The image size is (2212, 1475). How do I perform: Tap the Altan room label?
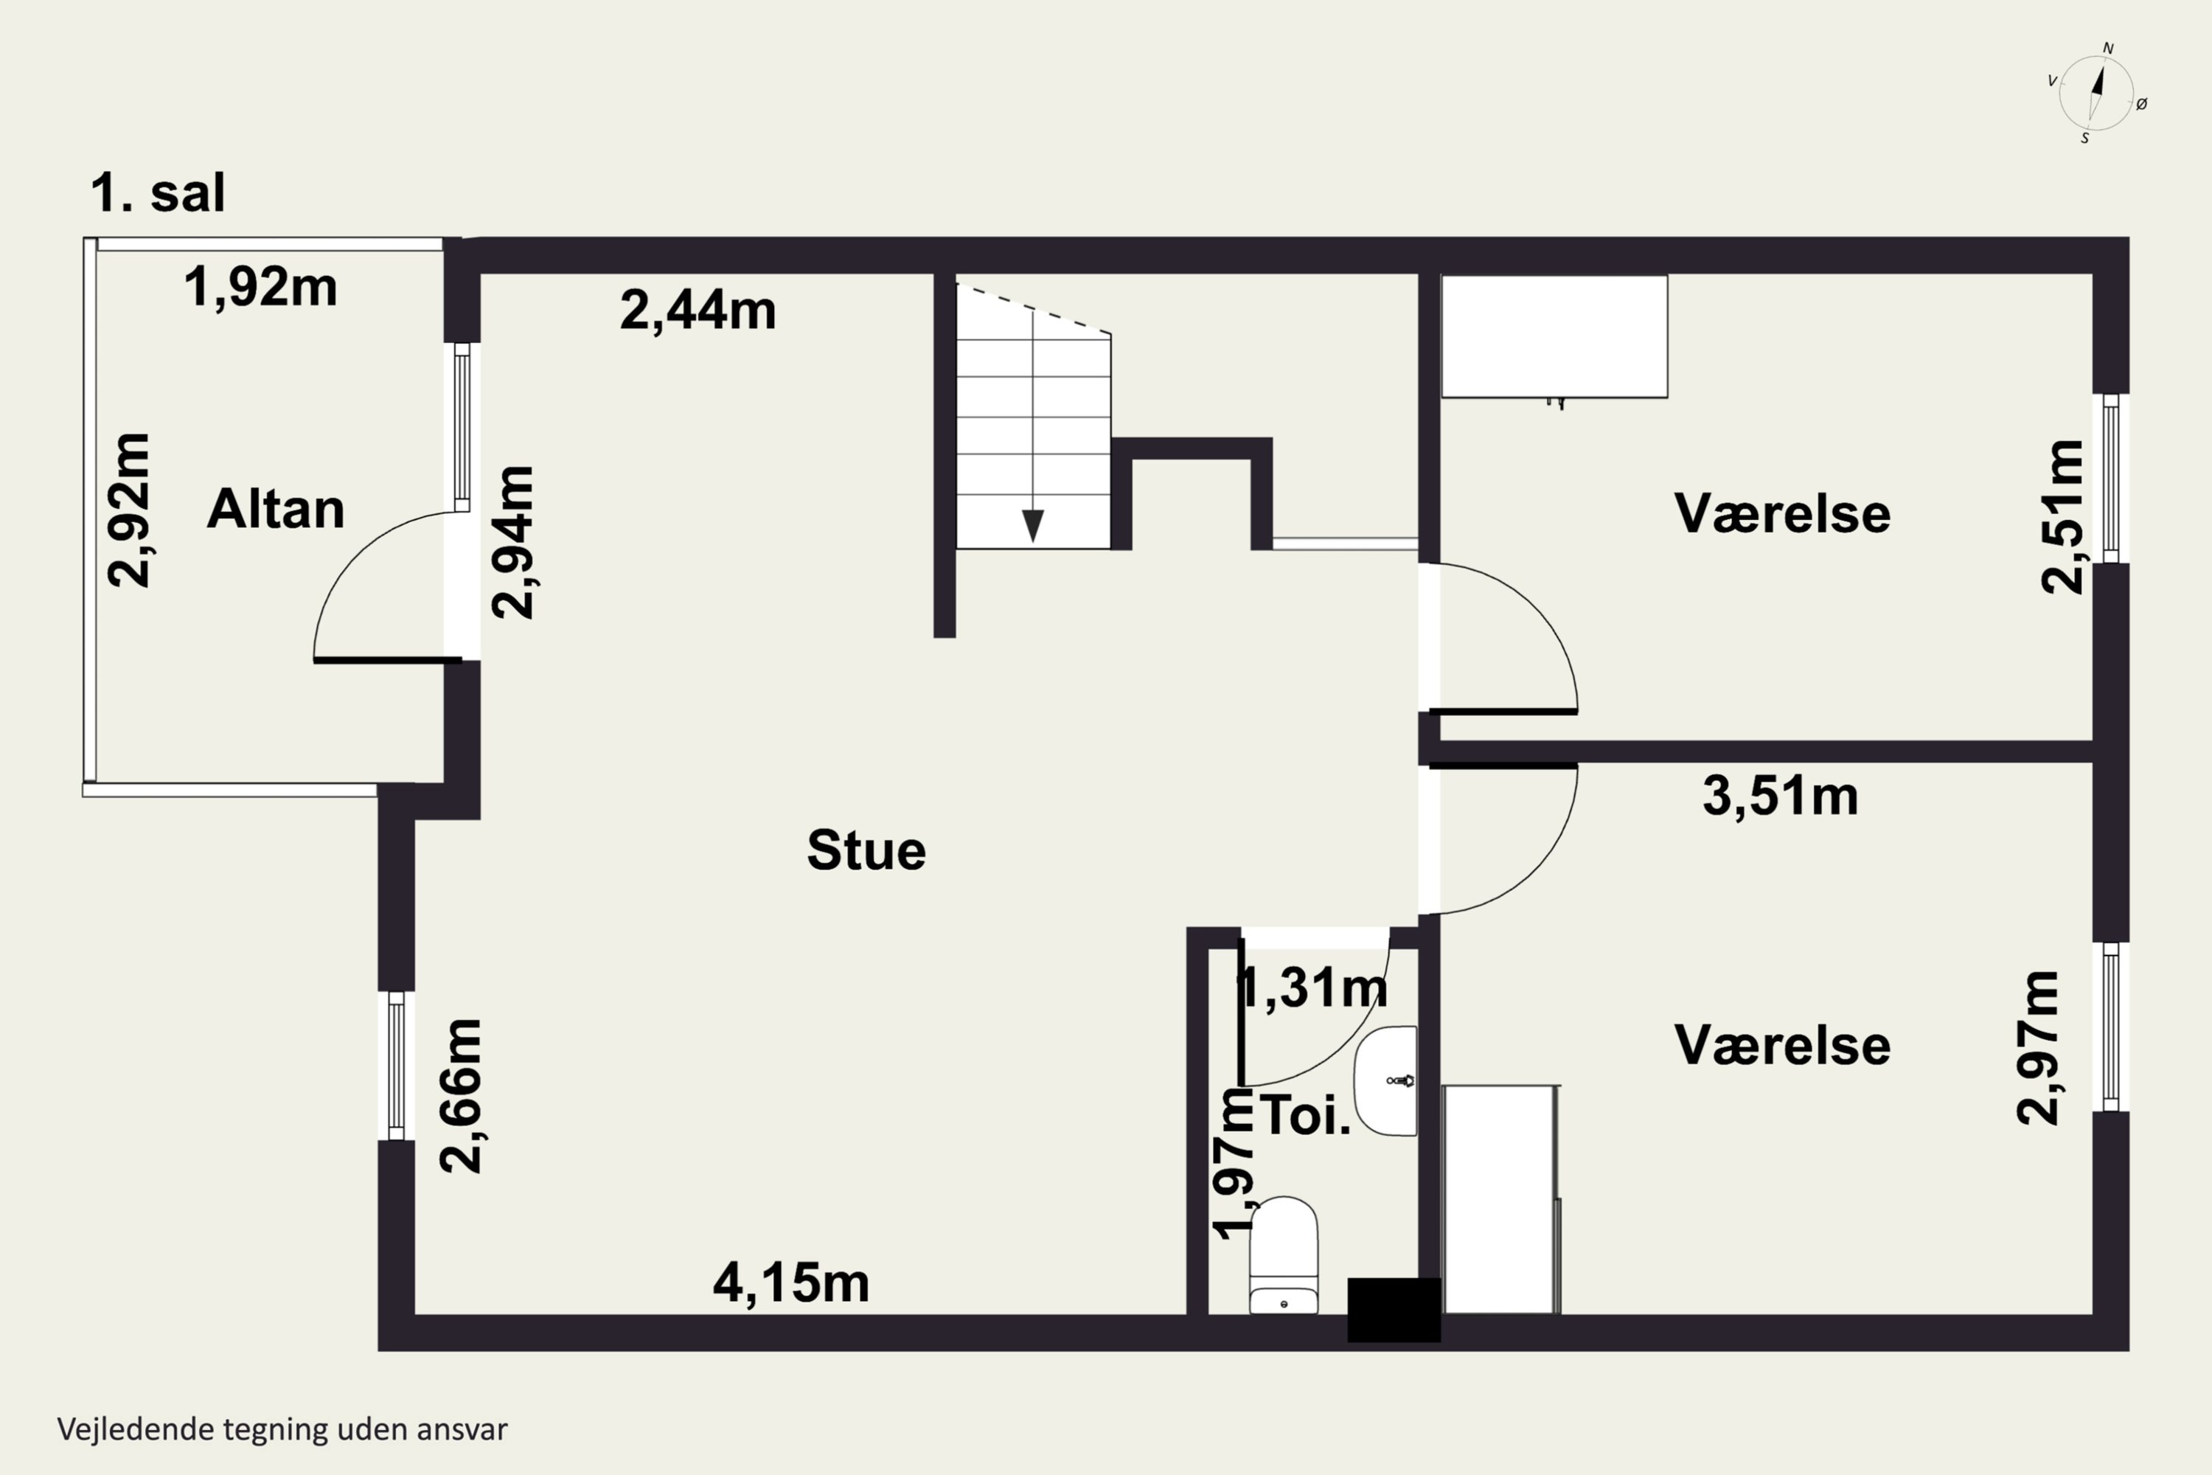point(276,509)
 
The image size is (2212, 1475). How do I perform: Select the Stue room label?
point(866,850)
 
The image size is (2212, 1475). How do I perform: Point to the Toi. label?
point(1305,1116)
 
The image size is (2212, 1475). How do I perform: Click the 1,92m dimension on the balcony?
point(260,287)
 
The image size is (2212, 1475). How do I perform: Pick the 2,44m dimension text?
point(698,310)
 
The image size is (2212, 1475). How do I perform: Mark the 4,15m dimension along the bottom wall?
point(791,1283)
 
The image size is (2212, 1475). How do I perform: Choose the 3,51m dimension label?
point(1781,796)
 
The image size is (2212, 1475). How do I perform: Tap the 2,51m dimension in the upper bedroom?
point(2063,516)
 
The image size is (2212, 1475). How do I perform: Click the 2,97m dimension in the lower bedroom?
point(2038,1048)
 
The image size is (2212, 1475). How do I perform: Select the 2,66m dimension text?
point(461,1096)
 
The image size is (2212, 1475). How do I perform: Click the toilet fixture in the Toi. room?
point(1284,1255)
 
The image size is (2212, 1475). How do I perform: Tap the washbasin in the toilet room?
point(1385,1081)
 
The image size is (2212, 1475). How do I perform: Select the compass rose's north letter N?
point(2109,49)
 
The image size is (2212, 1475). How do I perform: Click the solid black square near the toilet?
point(1394,1310)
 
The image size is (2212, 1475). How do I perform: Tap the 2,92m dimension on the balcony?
point(128,511)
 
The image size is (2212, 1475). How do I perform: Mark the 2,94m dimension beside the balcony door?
point(512,542)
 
